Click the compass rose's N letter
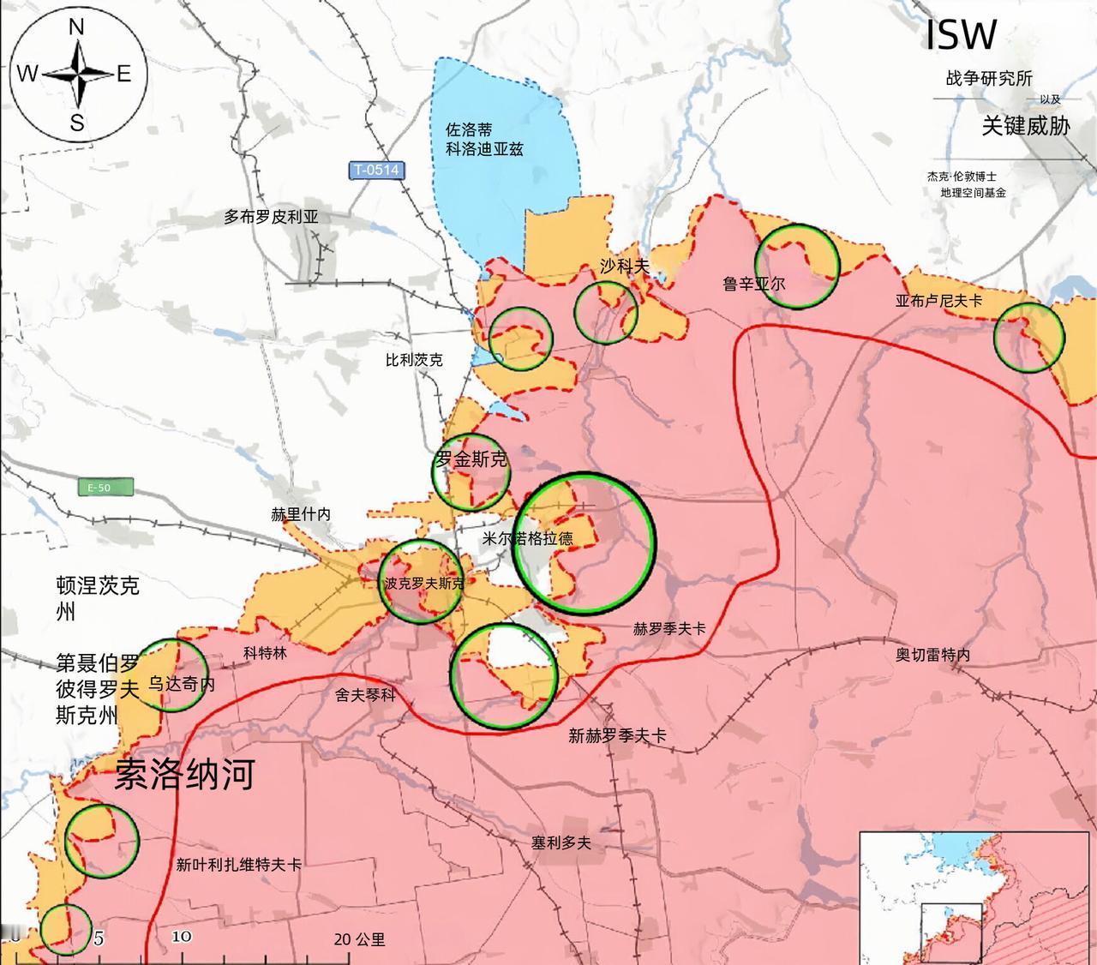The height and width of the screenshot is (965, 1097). tap(76, 28)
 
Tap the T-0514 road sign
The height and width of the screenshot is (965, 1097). tap(376, 170)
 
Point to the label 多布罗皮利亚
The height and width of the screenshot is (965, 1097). tap(271, 217)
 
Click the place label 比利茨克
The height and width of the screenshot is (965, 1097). tap(414, 361)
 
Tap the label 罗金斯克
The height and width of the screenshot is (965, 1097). tap(471, 459)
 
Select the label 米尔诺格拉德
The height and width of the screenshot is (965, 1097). tap(528, 538)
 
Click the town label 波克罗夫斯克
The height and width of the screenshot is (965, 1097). tap(424, 584)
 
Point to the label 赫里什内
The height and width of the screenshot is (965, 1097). tap(300, 514)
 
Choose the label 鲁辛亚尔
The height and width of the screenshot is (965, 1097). tap(753, 283)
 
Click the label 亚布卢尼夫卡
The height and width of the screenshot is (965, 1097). tap(938, 301)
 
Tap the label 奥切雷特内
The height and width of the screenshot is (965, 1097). tap(932, 655)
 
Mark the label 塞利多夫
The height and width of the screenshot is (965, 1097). tap(560, 842)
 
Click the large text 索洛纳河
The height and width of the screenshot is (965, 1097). tap(185, 774)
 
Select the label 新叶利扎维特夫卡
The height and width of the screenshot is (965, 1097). tap(238, 865)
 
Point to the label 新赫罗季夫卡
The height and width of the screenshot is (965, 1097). tap(617, 735)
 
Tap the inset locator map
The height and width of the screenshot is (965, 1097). tap(977, 897)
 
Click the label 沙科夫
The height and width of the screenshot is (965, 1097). tap(625, 267)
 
